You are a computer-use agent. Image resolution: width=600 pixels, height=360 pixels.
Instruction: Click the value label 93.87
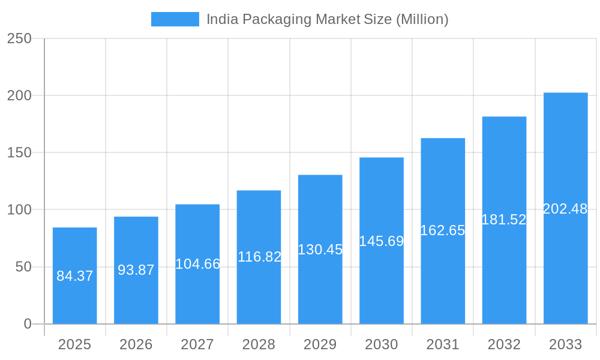[x=136, y=270]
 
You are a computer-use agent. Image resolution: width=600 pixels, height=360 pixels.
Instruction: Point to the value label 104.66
[x=197, y=264]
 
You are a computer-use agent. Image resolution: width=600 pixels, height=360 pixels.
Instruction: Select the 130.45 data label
[x=320, y=250]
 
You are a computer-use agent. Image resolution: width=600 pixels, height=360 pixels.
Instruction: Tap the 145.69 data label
[x=382, y=241]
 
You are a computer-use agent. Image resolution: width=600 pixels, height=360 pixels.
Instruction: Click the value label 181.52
[x=504, y=220]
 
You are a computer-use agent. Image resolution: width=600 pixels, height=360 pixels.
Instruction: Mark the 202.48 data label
[x=565, y=209]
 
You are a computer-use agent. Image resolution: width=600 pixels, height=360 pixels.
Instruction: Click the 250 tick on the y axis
[x=19, y=38]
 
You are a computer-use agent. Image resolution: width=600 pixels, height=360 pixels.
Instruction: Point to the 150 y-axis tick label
[x=19, y=152]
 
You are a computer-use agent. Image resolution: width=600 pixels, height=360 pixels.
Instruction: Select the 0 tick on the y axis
[x=28, y=324]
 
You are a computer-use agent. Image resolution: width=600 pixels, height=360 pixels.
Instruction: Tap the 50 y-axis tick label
[x=23, y=267]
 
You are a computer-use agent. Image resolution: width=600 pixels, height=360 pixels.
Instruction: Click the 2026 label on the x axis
[x=136, y=344]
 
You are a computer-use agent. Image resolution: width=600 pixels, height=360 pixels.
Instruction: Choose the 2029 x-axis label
[x=320, y=344]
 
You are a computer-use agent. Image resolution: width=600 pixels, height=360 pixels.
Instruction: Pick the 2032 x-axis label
[x=504, y=344]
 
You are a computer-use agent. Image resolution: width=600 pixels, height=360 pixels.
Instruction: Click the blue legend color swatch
[x=175, y=19]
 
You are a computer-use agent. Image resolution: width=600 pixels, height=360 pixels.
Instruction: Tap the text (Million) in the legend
[x=422, y=19]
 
